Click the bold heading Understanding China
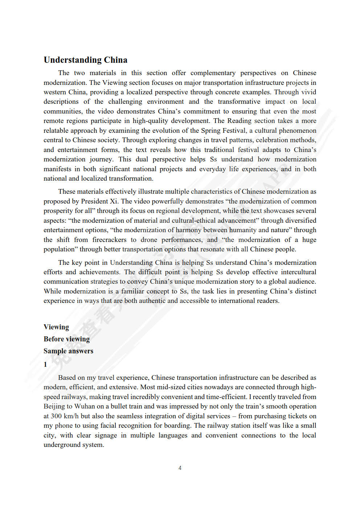[85, 60]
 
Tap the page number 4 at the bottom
[180, 468]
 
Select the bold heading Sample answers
[68, 351]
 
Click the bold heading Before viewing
[66, 339]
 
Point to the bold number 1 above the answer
[45, 364]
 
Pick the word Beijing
[54, 406]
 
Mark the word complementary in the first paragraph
[213, 73]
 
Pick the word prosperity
[58, 211]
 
